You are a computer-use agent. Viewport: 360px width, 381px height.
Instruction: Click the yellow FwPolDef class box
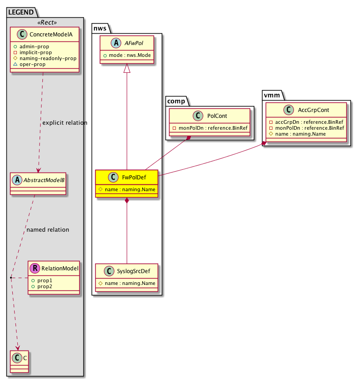click(127, 183)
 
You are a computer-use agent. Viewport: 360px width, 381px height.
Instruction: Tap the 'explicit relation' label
click(64, 123)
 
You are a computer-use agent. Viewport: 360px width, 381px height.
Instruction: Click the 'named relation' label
click(48, 230)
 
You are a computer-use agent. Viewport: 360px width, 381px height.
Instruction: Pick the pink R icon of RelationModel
click(35, 269)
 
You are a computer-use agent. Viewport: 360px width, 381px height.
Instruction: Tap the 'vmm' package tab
click(273, 94)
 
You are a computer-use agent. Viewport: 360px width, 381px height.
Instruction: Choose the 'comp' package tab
click(175, 101)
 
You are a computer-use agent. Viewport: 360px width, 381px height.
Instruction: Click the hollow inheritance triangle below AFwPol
click(127, 68)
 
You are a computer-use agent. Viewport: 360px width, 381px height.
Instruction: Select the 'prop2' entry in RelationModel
click(39, 286)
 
